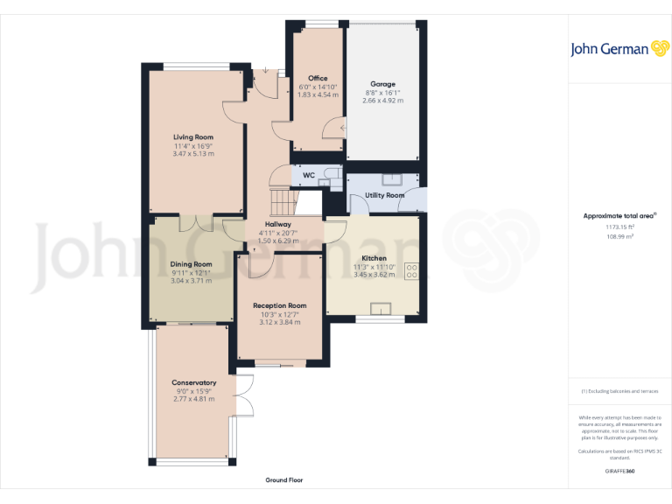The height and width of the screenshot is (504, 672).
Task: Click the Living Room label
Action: pyautogui.click(x=193, y=137)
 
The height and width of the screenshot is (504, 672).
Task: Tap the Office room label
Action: pyautogui.click(x=318, y=79)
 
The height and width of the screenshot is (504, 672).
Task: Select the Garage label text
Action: pyautogui.click(x=382, y=84)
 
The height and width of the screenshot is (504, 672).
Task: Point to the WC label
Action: pyautogui.click(x=308, y=175)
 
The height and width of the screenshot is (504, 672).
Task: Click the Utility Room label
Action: pyautogui.click(x=385, y=195)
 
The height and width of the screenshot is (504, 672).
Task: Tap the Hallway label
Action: pyautogui.click(x=278, y=225)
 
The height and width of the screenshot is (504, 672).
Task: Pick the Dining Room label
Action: pyautogui.click(x=191, y=264)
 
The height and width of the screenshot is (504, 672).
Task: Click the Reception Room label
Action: pyautogui.click(x=279, y=306)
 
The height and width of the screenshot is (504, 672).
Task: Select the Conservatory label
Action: pyautogui.click(x=194, y=383)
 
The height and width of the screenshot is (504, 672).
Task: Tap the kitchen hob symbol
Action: pyautogui.click(x=410, y=271)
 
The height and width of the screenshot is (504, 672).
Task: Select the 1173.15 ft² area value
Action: pyautogui.click(x=619, y=227)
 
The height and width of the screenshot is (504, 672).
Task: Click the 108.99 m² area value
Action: pyautogui.click(x=619, y=236)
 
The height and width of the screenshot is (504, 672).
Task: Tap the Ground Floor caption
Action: pyautogui.click(x=284, y=480)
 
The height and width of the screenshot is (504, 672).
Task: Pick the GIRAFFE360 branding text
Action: pyautogui.click(x=619, y=472)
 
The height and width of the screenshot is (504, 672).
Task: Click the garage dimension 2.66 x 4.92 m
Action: pyautogui.click(x=383, y=101)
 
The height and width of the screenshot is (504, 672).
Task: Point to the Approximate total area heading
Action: pyautogui.click(x=619, y=215)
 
